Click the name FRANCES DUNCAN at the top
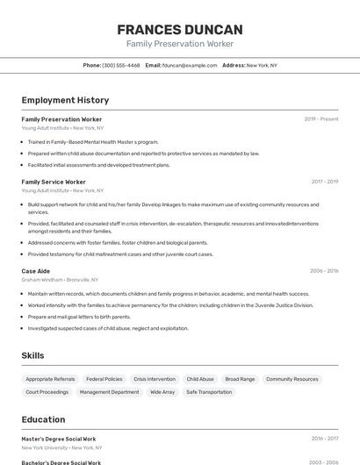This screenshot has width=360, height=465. (x=180, y=30)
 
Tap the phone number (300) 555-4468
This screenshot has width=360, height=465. (x=121, y=65)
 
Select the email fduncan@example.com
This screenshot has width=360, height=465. (x=190, y=65)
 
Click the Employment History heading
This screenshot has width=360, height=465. (x=65, y=100)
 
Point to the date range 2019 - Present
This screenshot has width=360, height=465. (x=321, y=118)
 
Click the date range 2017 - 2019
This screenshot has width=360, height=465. (x=325, y=182)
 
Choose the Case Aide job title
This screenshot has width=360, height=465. (x=36, y=271)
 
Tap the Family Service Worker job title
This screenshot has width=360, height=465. (x=54, y=182)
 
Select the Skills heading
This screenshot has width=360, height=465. (x=32, y=355)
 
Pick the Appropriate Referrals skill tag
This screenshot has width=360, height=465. (x=50, y=379)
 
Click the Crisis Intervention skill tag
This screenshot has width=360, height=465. (x=155, y=379)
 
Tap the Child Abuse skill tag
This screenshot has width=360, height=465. (x=200, y=379)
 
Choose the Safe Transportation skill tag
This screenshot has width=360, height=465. (x=209, y=392)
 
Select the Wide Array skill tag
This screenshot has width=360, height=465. (x=162, y=392)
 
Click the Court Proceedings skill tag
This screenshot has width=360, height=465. (x=47, y=392)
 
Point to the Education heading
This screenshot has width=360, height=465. (x=43, y=419)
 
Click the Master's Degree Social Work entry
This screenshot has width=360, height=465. (x=59, y=439)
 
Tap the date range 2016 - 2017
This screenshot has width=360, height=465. (x=325, y=439)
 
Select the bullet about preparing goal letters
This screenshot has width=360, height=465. (x=79, y=317)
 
